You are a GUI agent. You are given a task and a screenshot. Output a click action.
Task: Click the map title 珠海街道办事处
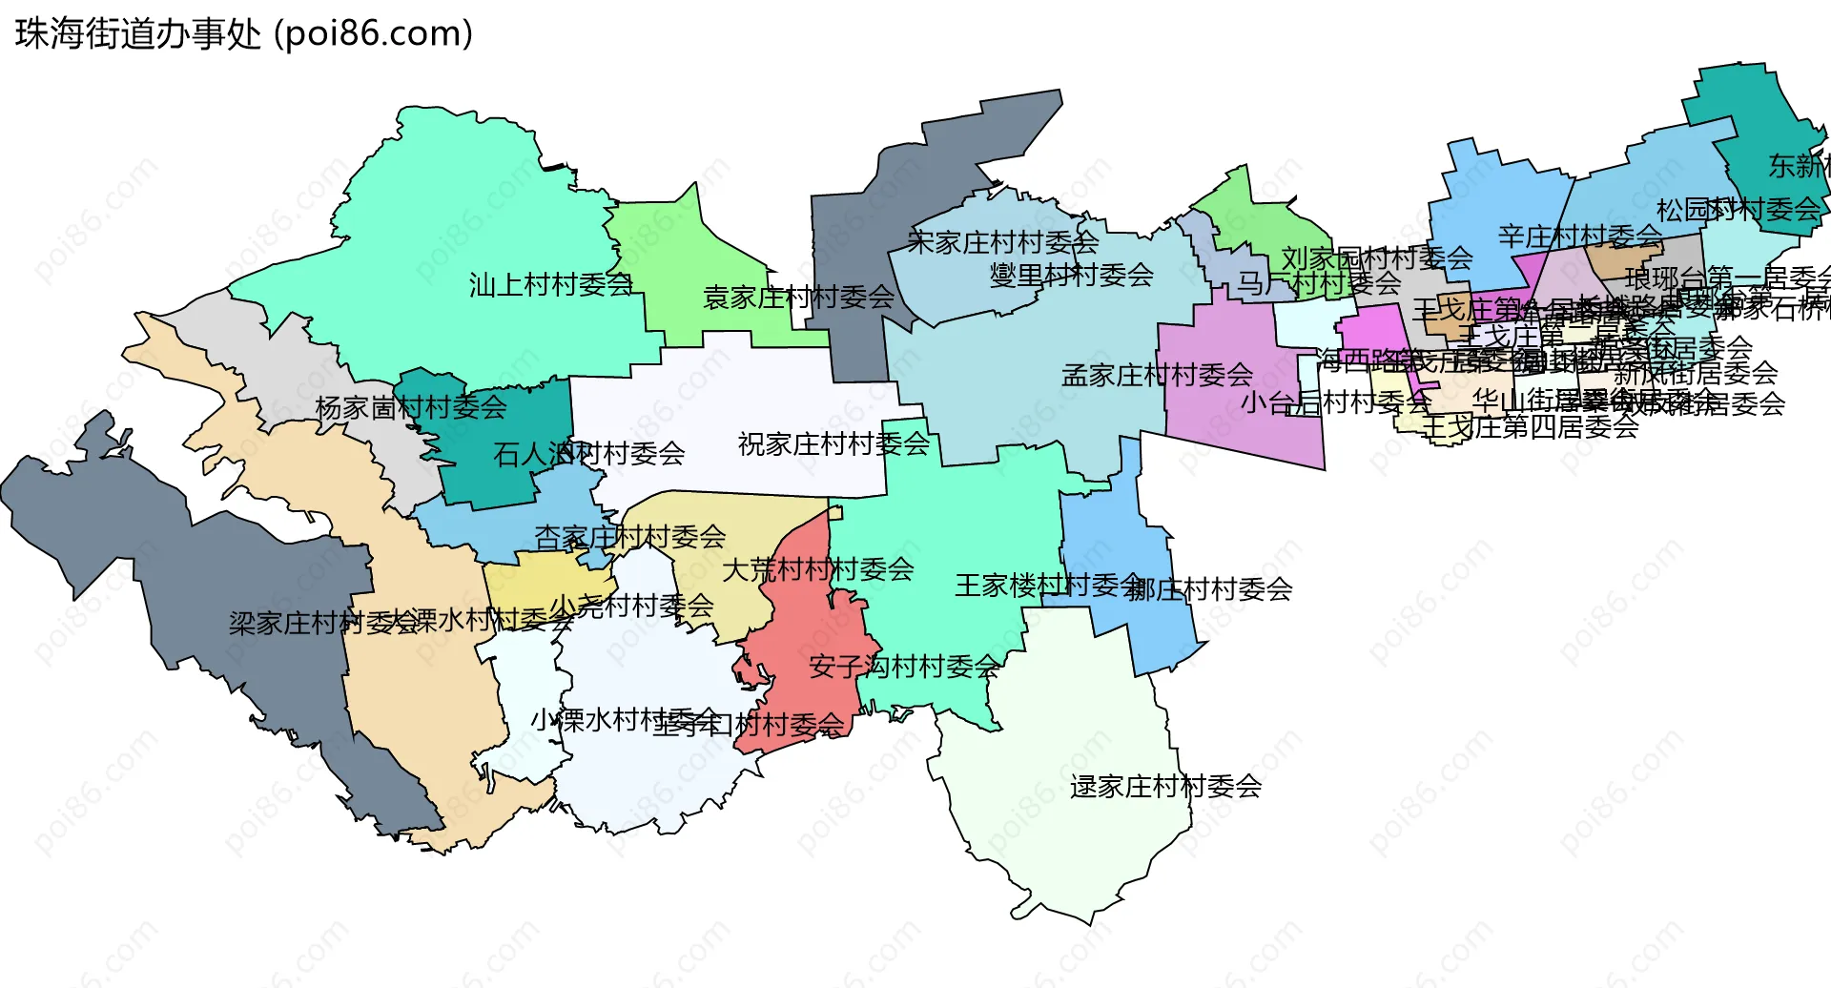coord(138,34)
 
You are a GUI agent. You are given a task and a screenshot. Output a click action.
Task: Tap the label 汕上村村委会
coord(551,284)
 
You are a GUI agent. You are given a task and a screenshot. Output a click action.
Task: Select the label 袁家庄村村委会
coord(798,298)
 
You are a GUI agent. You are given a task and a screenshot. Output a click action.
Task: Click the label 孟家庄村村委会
coord(1157,375)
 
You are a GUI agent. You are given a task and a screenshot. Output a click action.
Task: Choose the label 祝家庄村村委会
coord(833,443)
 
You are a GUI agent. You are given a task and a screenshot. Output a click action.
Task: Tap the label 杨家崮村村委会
coord(411,408)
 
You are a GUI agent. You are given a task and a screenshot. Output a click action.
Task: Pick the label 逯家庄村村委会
coord(1165,787)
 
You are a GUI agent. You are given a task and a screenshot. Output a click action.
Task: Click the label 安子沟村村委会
coord(904,666)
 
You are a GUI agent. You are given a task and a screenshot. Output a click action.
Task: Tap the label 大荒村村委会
coord(817,570)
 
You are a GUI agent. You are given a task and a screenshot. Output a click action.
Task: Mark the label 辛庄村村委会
coord(1580,236)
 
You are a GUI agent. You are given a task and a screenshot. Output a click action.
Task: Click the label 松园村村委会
coord(1738,210)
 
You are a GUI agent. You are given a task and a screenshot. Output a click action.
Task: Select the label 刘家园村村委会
coord(1376,257)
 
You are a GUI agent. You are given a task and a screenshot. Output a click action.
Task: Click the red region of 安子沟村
coord(811,620)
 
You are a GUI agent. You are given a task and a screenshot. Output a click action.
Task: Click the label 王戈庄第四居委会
coord(1530,427)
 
